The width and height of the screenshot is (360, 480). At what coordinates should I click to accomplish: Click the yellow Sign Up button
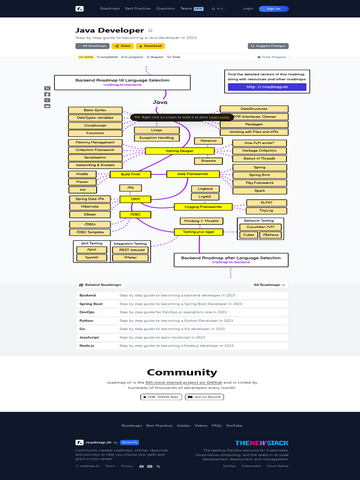[x=273, y=8]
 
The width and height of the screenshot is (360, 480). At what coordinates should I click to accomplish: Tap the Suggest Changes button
[x=268, y=46]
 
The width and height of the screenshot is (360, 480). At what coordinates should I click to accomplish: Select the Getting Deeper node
[x=180, y=151]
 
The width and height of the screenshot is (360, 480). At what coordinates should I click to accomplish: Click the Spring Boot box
[x=259, y=175]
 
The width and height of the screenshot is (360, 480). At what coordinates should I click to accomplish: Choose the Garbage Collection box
[x=259, y=151]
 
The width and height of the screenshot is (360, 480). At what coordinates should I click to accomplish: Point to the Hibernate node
[x=90, y=207]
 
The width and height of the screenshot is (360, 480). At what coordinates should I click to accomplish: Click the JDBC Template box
[x=90, y=232]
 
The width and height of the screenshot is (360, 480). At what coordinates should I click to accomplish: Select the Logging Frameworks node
[x=203, y=207]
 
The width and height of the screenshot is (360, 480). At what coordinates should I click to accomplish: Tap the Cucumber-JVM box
[x=260, y=227]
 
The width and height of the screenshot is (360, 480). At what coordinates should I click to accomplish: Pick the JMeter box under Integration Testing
[x=130, y=258]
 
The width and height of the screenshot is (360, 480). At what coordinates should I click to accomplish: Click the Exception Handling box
[x=157, y=138]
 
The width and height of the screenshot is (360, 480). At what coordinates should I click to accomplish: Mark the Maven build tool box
[x=82, y=182]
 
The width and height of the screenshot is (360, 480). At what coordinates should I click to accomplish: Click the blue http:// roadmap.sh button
[x=267, y=87]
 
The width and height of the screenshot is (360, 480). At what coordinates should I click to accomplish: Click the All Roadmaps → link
[x=269, y=285]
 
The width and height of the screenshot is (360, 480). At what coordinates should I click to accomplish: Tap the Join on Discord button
[x=204, y=397]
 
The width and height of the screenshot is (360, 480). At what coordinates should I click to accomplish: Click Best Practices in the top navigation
[x=138, y=8]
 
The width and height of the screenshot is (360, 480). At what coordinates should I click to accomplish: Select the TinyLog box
[x=266, y=210]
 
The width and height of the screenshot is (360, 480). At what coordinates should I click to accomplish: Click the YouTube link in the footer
[x=234, y=426]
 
